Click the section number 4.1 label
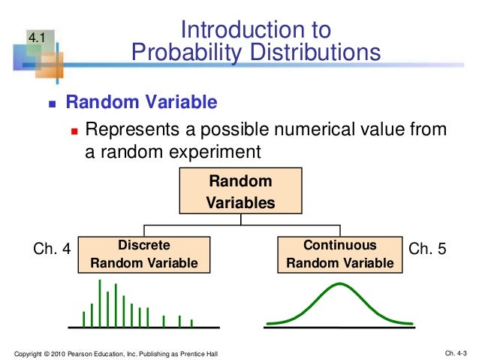[x=38, y=37]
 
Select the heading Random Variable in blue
[x=142, y=102]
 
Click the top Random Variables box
[x=239, y=192]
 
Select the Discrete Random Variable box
[x=143, y=254]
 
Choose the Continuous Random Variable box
[x=339, y=254]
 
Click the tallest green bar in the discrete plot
[x=100, y=303]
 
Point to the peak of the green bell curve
[x=340, y=284]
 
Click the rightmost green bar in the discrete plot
[x=191, y=322]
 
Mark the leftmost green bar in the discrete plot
[x=83, y=319]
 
